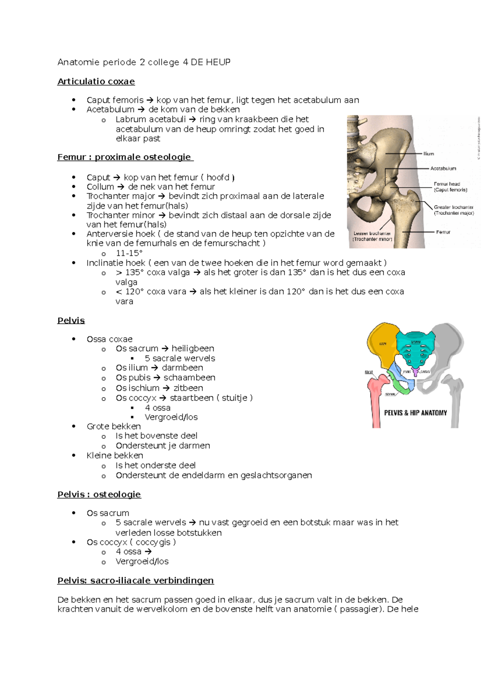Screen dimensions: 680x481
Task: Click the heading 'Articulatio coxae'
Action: (x=96, y=82)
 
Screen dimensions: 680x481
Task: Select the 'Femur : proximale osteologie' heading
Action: (x=125, y=157)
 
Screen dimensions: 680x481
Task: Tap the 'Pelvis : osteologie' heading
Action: (x=99, y=495)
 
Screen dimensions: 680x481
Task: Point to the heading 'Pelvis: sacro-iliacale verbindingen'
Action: (x=135, y=581)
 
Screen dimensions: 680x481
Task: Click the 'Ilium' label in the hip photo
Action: (x=428, y=154)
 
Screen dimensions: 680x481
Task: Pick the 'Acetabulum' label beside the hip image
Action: (x=443, y=169)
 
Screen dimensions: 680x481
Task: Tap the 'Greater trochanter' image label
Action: (x=453, y=207)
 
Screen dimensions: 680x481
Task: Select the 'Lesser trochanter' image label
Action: (x=372, y=233)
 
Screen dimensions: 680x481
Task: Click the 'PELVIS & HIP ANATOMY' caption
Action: (x=415, y=413)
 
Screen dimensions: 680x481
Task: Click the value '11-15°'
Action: (x=129, y=253)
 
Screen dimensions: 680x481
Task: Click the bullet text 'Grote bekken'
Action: (x=114, y=427)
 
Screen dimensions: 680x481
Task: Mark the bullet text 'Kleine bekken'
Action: (x=115, y=456)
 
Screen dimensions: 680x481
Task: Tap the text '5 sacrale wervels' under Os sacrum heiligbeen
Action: (x=180, y=358)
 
